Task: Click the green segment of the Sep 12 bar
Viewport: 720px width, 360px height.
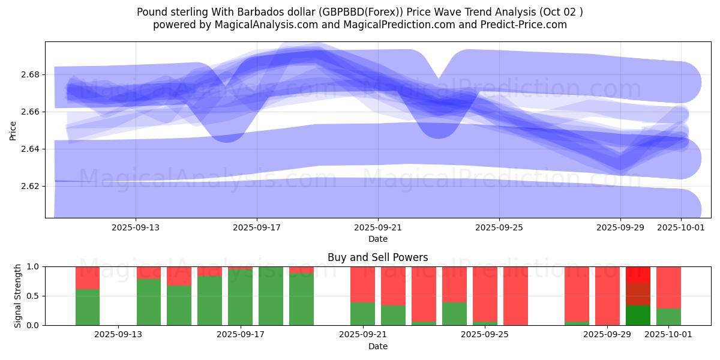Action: [x=88, y=307]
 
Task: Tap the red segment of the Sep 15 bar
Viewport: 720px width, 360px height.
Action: [x=179, y=275]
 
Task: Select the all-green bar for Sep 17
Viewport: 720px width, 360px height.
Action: [x=271, y=296]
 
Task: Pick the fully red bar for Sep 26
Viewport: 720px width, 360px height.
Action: [x=515, y=296]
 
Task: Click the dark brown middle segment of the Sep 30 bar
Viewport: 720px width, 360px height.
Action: [x=638, y=294]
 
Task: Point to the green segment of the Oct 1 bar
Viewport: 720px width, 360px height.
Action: [x=668, y=317]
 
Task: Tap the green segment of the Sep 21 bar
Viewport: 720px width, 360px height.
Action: [x=362, y=314]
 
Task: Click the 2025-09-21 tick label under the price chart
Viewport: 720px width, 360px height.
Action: [x=378, y=227]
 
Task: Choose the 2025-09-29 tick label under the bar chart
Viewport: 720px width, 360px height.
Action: [x=607, y=335]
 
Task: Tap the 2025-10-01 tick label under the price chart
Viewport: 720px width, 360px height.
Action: [x=681, y=227]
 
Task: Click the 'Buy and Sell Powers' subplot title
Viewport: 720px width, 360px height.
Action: [x=378, y=257]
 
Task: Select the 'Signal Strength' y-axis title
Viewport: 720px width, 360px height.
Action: [x=18, y=296]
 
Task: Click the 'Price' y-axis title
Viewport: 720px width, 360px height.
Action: [x=13, y=130]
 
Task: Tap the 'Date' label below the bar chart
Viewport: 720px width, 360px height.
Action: [x=378, y=346]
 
